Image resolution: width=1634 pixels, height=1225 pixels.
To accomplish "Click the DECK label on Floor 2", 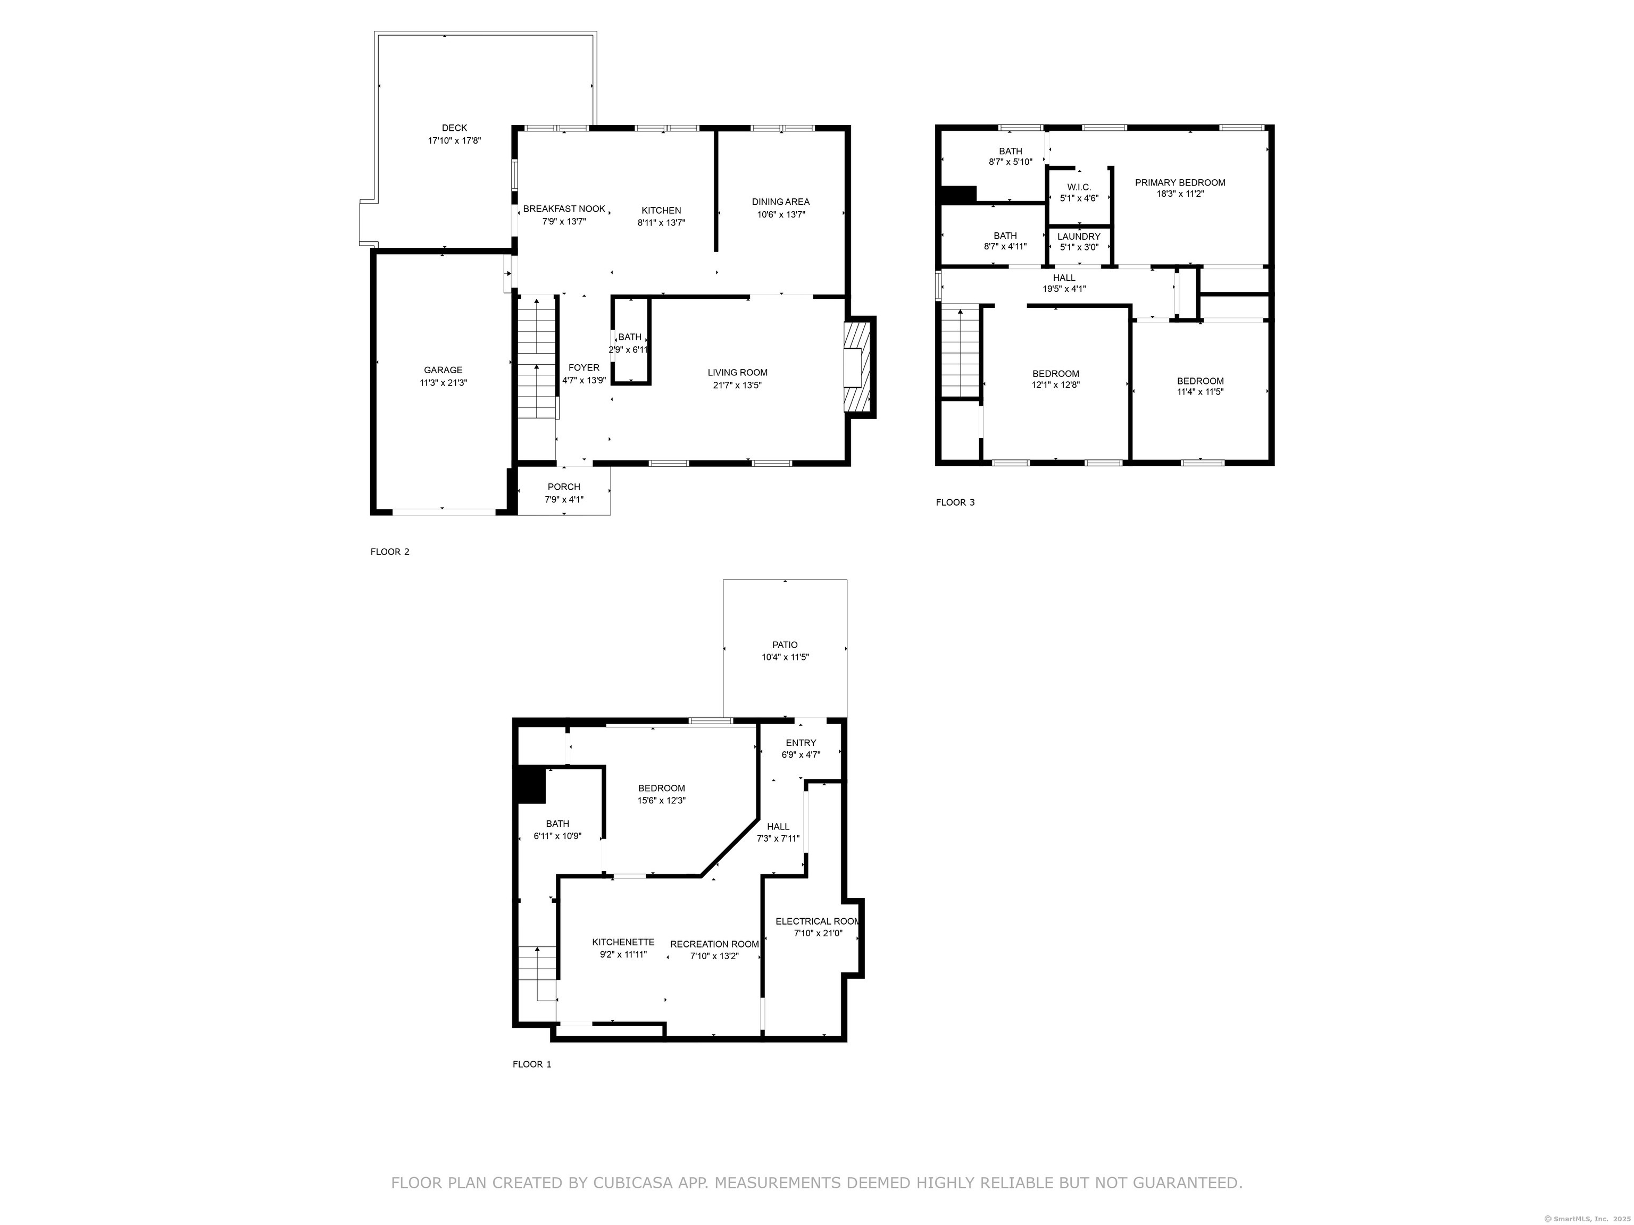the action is click(x=454, y=128).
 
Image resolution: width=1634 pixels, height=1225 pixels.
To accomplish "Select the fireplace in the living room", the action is click(x=860, y=368).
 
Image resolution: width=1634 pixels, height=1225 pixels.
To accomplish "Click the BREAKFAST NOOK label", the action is click(x=564, y=209).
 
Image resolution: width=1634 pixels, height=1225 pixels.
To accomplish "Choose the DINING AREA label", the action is click(x=781, y=202).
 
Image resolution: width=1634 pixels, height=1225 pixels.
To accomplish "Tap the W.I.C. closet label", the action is click(x=1079, y=187).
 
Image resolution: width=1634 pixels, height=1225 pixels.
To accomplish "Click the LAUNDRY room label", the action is click(x=1079, y=236).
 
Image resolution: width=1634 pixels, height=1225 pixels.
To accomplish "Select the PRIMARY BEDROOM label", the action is click(x=1180, y=182).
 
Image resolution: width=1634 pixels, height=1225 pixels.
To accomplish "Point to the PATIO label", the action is click(x=785, y=644).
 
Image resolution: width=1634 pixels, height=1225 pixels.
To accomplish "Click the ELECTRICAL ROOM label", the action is click(x=818, y=921).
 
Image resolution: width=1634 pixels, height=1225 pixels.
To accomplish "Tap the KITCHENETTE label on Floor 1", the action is click(x=623, y=942).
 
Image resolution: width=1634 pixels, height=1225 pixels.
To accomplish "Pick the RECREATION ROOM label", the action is click(x=714, y=944).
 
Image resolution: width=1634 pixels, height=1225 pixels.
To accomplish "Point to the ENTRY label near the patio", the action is click(x=801, y=743).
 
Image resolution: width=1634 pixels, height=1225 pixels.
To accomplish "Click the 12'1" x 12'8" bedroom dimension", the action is click(x=1056, y=385).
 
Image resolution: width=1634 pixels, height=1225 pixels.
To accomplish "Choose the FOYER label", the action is click(x=583, y=368).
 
